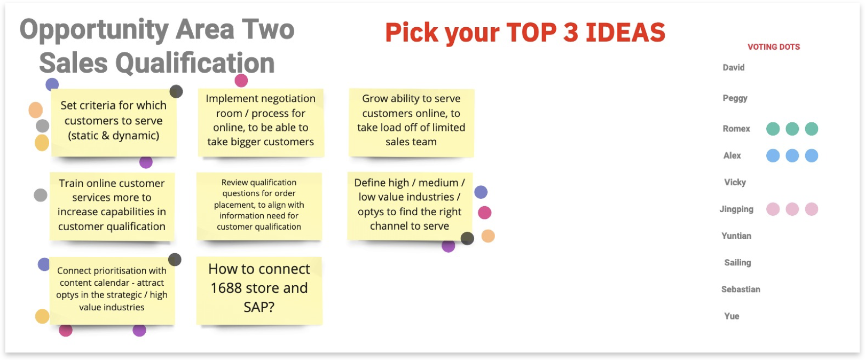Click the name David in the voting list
[733, 68]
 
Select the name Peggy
[735, 98]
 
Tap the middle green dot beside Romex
[792, 129]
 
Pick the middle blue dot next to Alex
[792, 155]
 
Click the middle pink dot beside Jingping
[792, 209]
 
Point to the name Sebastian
[741, 289]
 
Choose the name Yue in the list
[732, 316]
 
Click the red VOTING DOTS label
[774, 47]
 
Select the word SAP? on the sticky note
[259, 307]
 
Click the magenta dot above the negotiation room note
[241, 81]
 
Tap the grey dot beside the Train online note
[41, 195]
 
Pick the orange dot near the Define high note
[488, 236]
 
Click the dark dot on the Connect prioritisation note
[175, 260]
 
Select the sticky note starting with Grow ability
[411, 123]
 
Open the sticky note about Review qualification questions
[259, 206]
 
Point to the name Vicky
[735, 182]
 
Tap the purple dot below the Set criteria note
[146, 162]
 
